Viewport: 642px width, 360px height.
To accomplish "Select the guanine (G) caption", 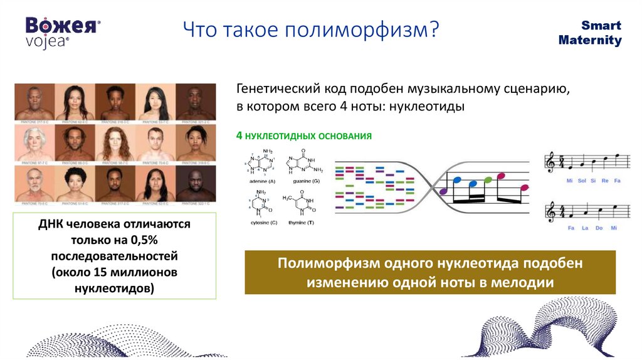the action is [303, 181].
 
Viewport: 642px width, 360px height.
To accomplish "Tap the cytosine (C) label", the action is [259, 223].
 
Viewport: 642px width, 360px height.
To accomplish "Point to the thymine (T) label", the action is [302, 223].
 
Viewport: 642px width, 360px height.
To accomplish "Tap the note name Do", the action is [600, 228].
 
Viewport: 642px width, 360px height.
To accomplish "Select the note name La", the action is [585, 228].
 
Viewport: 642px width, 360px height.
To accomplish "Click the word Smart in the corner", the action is [601, 26].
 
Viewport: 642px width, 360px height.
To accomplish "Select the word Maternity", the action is [590, 41].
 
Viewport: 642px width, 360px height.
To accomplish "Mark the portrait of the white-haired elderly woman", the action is [34, 142].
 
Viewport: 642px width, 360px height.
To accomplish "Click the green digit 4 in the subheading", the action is [239, 135].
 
